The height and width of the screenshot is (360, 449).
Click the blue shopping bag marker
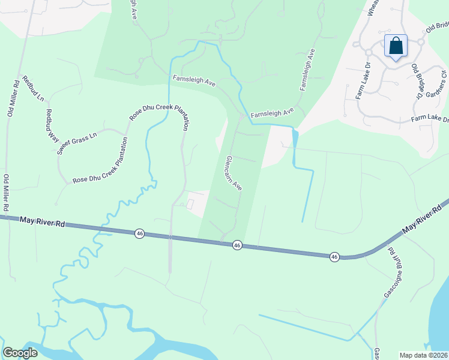396,46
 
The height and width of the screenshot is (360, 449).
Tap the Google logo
20,353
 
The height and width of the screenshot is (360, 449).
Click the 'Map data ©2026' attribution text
423,355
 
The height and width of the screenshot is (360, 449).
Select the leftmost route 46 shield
139,233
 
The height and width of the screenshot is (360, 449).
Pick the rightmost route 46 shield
334,256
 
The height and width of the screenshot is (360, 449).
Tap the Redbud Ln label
34,88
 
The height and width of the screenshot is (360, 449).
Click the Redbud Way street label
50,124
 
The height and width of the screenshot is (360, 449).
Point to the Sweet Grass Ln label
77,143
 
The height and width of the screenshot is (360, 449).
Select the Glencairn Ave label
233,174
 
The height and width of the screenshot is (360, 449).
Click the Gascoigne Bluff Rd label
392,273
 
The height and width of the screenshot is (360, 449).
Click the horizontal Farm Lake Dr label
430,119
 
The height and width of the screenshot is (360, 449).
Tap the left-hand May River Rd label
42,221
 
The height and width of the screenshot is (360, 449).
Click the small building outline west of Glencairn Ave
190,205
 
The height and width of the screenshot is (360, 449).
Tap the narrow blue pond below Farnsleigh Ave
294,140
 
